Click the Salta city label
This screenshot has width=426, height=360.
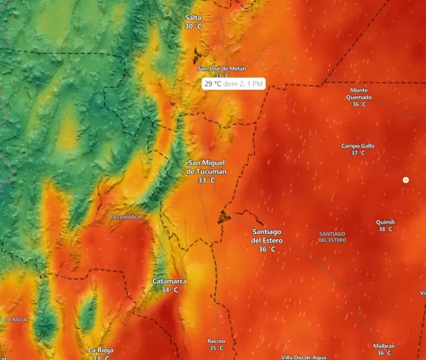pos(193,18)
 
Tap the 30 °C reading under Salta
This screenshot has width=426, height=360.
pos(193,27)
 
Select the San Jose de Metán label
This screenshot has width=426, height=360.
pos(222,69)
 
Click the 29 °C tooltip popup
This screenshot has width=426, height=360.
pos(233,84)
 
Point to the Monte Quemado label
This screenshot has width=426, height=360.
pos(359,93)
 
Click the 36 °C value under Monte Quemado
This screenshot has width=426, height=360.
pos(359,104)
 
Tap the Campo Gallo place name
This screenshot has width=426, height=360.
pos(358,146)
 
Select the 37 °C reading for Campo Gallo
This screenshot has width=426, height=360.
pos(358,153)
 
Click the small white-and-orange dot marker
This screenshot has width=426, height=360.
pos(406,180)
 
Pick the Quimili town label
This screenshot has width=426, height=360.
pos(386,222)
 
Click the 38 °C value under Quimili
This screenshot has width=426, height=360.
pos(386,229)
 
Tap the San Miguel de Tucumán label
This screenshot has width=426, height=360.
pos(207,166)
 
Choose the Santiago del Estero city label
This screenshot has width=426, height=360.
pos(267,236)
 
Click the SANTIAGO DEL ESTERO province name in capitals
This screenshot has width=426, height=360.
pos(333,237)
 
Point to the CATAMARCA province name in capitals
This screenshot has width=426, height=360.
pos(126,217)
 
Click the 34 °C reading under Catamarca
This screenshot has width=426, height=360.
pos(169,290)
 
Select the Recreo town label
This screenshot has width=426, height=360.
pos(216,341)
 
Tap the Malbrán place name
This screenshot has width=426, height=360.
pos(384,346)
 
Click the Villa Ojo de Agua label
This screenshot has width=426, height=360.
pos(304,357)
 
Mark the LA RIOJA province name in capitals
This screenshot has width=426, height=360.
pos(15,319)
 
